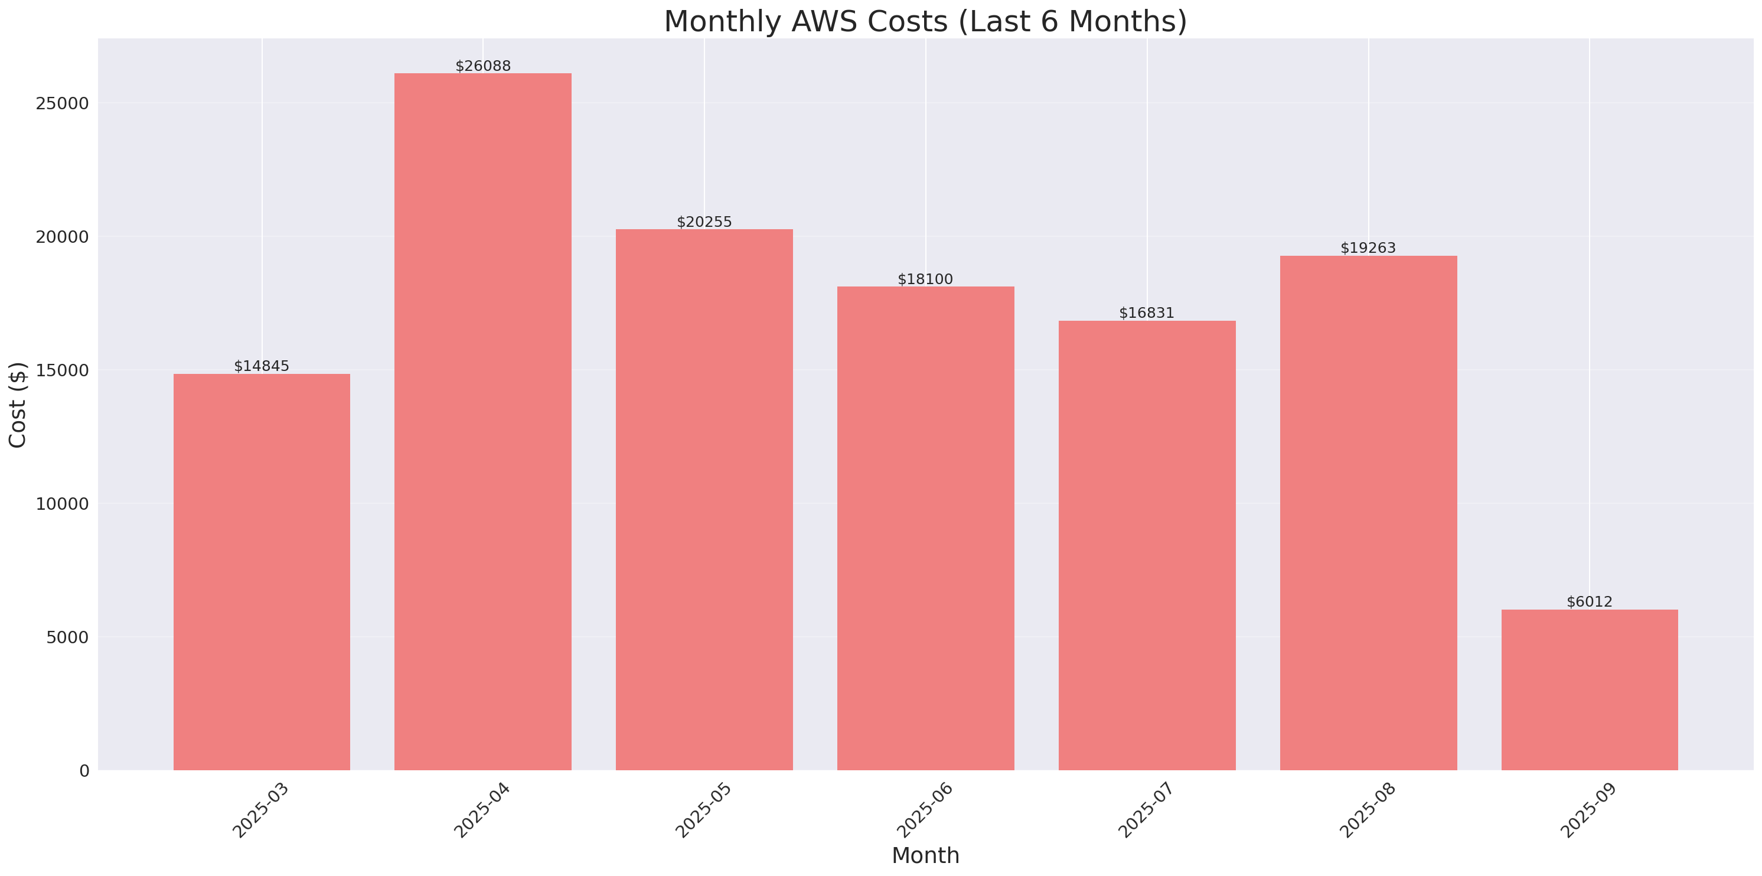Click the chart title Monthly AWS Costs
click(x=925, y=21)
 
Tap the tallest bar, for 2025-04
click(x=483, y=421)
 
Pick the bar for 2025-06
click(x=925, y=527)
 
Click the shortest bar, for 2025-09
click(x=1589, y=689)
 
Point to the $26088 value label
click(x=483, y=66)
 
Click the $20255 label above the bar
click(x=704, y=222)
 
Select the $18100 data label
click(x=925, y=279)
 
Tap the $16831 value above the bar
click(x=1146, y=312)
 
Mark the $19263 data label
click(x=1368, y=248)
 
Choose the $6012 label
click(x=1589, y=601)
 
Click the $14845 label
click(x=262, y=366)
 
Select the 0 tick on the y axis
click(x=84, y=771)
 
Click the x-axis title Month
click(x=925, y=855)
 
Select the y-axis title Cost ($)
click(x=17, y=405)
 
